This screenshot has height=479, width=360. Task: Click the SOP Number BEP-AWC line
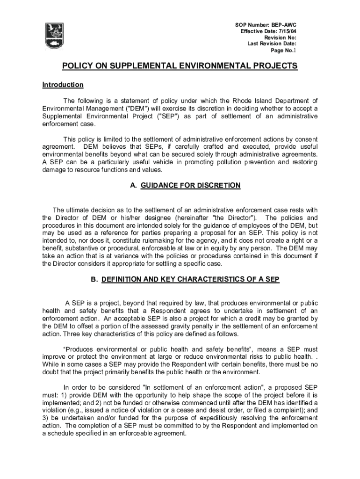point(265,24)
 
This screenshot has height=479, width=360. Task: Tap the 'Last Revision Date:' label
point(272,44)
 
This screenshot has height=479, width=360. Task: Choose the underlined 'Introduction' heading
point(63,85)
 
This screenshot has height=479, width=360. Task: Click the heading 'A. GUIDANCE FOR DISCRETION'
point(185,186)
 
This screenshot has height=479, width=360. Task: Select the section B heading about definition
point(185,279)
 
